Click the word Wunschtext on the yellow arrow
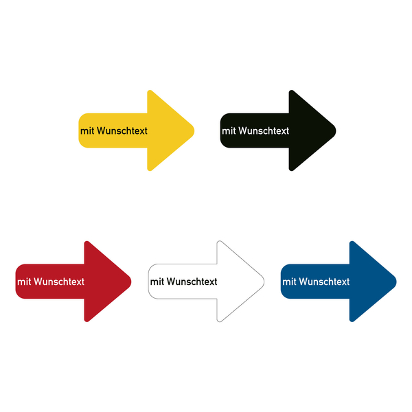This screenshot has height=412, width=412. click(122, 130)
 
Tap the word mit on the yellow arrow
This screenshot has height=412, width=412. click(87, 131)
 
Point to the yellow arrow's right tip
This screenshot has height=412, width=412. click(194, 130)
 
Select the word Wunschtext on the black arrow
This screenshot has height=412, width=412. click(264, 130)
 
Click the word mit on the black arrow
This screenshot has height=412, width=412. click(229, 131)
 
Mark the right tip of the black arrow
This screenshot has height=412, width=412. click(336, 130)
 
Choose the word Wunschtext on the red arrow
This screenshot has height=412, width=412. click(59, 282)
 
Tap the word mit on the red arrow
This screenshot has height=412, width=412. click(24, 282)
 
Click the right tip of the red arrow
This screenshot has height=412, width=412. click(131, 282)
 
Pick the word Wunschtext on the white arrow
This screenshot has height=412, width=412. click(192, 282)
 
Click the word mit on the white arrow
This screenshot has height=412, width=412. click(157, 282)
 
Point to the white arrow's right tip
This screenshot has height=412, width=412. click(264, 282)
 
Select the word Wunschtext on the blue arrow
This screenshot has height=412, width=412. click(324, 282)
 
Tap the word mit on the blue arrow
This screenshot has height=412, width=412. click(290, 282)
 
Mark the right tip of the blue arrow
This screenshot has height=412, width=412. click(396, 282)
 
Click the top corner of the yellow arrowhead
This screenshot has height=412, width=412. click(150, 91)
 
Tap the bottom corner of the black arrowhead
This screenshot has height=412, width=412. click(291, 170)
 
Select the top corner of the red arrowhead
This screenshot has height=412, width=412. click(87, 242)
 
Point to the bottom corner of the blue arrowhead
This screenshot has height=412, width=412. click(352, 321)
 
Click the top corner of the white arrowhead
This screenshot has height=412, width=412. click(219, 242)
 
